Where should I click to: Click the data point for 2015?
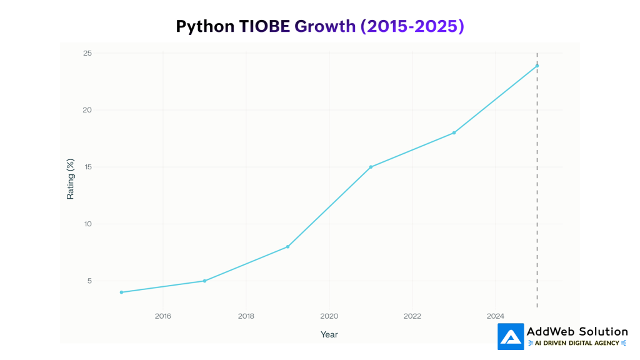click(x=121, y=292)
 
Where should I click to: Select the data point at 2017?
click(x=204, y=281)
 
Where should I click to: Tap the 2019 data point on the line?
click(x=287, y=246)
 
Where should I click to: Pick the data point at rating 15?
click(x=371, y=167)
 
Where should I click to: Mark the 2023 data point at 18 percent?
click(x=454, y=132)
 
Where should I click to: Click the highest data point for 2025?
click(x=537, y=66)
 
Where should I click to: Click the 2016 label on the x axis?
click(x=162, y=316)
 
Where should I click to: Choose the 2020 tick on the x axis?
click(x=329, y=316)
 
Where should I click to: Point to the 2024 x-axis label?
click(x=495, y=316)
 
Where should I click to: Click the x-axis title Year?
click(x=329, y=334)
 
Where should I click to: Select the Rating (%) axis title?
click(x=71, y=179)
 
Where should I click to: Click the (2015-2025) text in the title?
click(x=412, y=26)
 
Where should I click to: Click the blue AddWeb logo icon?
click(x=511, y=336)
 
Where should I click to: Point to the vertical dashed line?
click(x=537, y=187)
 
